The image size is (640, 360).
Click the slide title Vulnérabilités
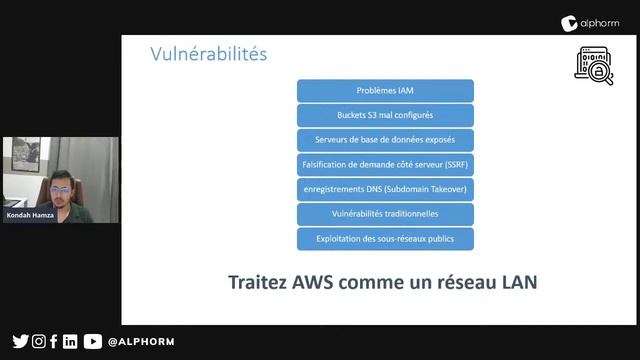[208, 54]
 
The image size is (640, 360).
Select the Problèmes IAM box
[385, 90]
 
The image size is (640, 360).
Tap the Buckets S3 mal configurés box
[385, 115]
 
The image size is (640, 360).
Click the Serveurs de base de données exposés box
[385, 140]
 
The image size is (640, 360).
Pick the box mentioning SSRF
[385, 164]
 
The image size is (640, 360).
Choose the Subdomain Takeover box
[385, 189]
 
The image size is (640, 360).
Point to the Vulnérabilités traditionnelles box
[385, 213]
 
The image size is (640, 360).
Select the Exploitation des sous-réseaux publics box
[385, 238]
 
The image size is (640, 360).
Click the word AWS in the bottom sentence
[312, 282]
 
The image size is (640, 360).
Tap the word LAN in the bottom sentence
[513, 282]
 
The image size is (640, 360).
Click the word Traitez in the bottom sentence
[258, 282]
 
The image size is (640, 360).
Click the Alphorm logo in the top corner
[597, 21]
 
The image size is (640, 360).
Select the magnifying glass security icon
[593, 65]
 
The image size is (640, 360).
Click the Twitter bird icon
[20, 341]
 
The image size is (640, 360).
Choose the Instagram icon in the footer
[38, 341]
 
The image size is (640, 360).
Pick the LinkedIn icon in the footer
[70, 341]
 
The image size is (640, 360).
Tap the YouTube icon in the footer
[92, 341]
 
